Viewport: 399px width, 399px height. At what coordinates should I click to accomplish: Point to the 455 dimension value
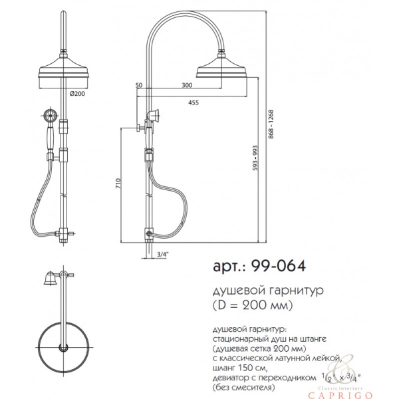193,102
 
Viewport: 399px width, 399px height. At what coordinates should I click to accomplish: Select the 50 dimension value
139,85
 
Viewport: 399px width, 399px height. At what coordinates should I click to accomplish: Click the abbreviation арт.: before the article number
229,267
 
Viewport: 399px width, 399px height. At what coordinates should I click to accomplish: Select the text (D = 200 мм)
253,305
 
